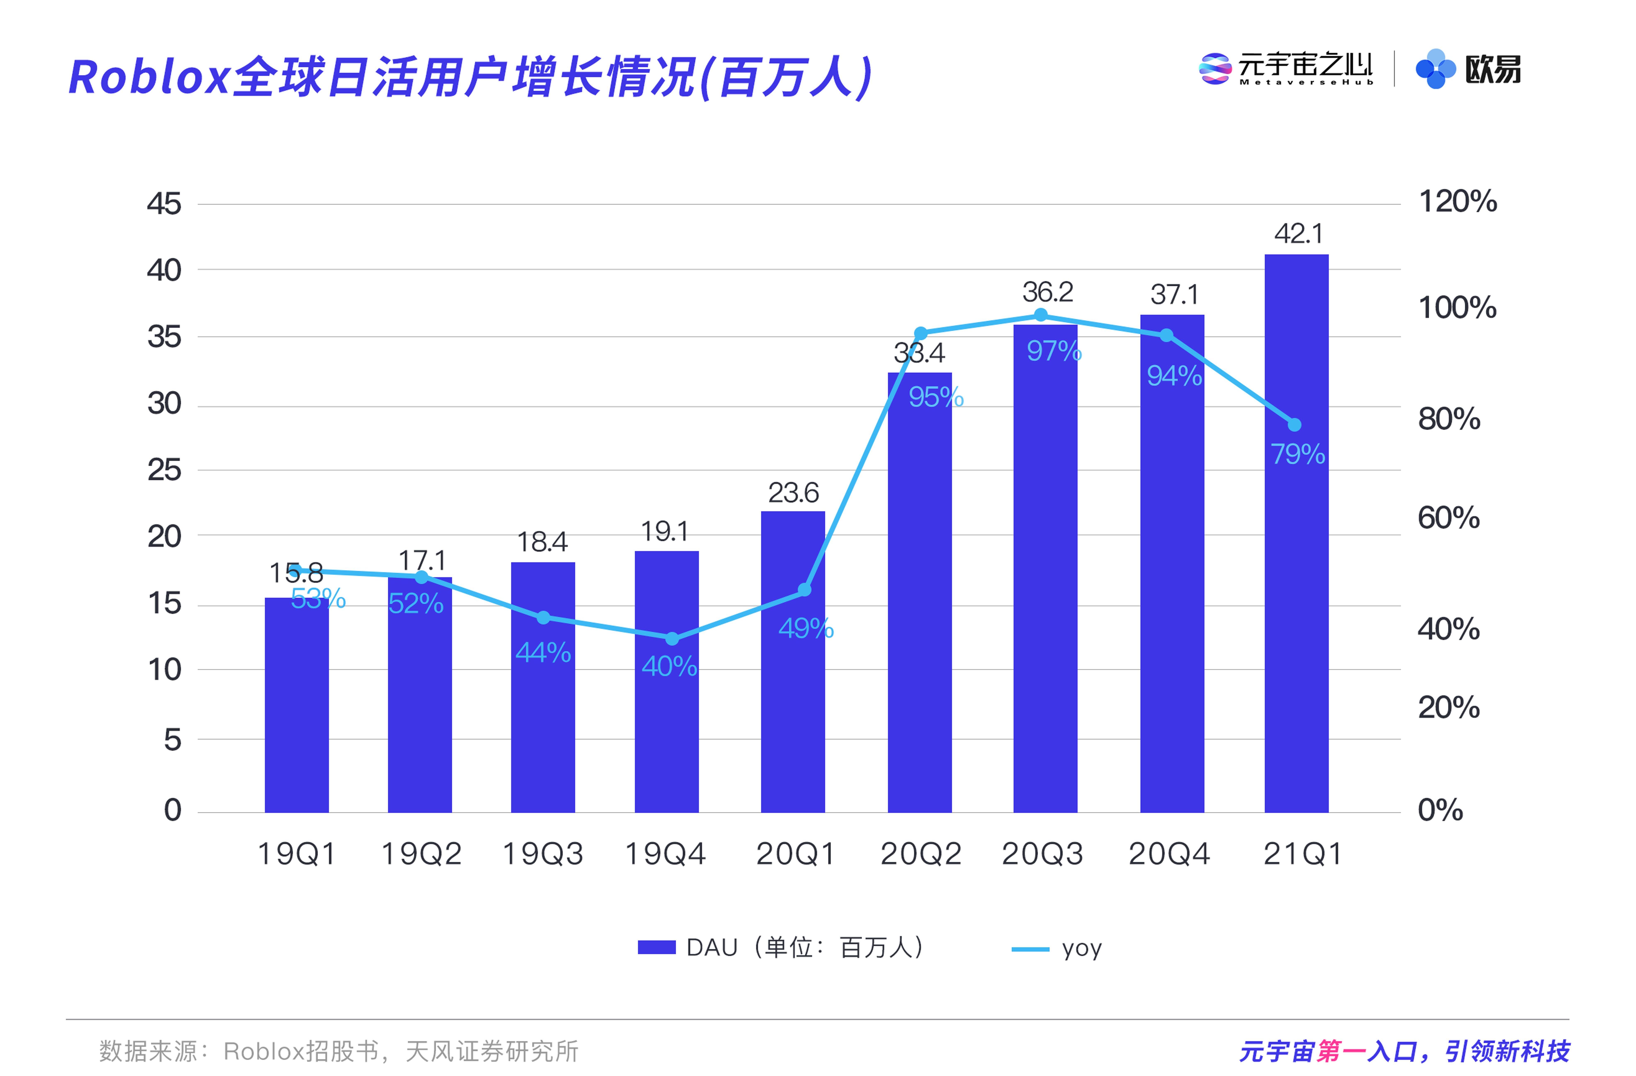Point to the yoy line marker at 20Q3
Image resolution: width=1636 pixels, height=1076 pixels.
tap(1041, 315)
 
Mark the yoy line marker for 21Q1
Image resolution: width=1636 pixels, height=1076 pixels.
tap(1294, 425)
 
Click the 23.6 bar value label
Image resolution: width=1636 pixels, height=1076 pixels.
tap(793, 492)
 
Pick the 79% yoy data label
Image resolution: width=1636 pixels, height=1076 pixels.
tap(1297, 454)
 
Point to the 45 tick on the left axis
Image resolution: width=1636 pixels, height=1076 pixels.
tap(164, 204)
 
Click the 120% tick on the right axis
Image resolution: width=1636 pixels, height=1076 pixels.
tap(1457, 202)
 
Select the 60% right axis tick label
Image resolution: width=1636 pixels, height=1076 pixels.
tap(1448, 518)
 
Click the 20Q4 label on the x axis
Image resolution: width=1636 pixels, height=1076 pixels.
tap(1169, 854)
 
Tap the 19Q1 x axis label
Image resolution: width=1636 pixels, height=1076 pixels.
tap(296, 854)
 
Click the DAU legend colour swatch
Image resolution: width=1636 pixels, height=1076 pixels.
tap(656, 947)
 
